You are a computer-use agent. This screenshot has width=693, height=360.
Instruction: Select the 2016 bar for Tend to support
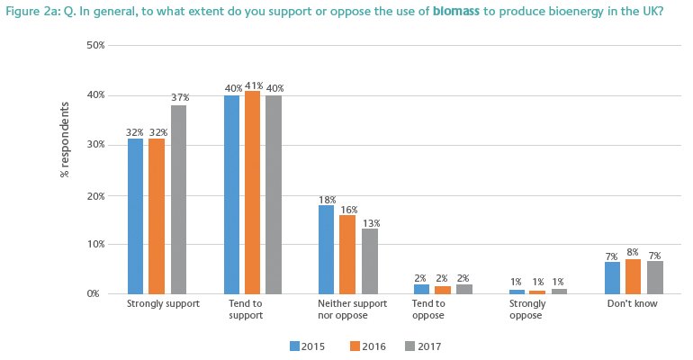click(x=252, y=193)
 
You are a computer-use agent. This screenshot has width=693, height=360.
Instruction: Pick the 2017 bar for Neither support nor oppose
click(x=370, y=261)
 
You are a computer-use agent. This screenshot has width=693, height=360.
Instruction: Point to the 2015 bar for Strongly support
click(x=136, y=216)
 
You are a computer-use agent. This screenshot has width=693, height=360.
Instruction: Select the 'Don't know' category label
click(x=634, y=304)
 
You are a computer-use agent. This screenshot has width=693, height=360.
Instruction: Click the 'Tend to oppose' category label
click(x=428, y=310)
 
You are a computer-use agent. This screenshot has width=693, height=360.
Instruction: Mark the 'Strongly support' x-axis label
click(x=157, y=304)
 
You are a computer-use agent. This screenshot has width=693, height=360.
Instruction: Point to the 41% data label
click(x=252, y=84)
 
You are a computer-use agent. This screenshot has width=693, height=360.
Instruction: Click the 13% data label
click(x=371, y=222)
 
